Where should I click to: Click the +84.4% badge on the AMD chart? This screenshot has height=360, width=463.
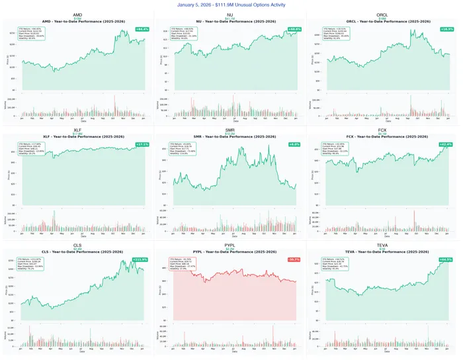click(x=142, y=29)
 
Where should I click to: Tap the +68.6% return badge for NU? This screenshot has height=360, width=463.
click(x=294, y=29)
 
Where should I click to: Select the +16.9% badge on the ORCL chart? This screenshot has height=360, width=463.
click(x=446, y=29)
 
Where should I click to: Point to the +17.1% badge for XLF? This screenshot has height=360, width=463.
click(x=142, y=144)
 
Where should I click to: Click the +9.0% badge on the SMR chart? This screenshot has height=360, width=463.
click(x=295, y=144)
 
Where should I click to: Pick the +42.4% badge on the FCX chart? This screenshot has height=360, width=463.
click(x=446, y=144)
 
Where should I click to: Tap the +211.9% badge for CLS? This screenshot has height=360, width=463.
click(x=141, y=259)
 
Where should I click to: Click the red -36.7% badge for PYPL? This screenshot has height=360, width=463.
click(x=294, y=259)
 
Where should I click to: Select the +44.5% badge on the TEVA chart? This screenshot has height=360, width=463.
click(x=446, y=259)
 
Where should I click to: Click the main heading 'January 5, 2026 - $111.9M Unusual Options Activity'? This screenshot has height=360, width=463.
click(x=231, y=5)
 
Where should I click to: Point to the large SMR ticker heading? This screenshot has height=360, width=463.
click(x=231, y=130)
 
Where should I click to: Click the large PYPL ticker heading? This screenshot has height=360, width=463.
click(x=231, y=244)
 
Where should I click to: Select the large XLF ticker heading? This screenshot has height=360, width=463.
click(x=77, y=130)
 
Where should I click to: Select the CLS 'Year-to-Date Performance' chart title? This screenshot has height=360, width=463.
click(x=77, y=251)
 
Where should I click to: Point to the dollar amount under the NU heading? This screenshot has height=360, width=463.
click(x=231, y=19)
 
